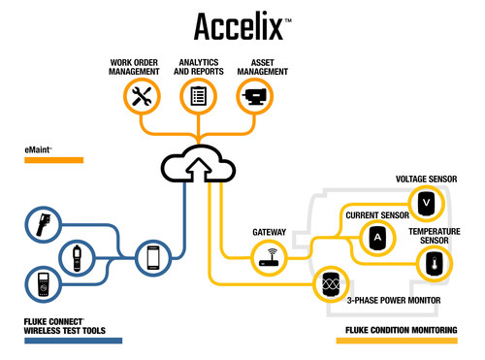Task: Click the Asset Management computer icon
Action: click(x=256, y=95)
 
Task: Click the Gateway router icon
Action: click(x=268, y=257)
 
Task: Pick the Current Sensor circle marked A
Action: click(x=377, y=237)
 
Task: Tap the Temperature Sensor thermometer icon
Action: click(x=434, y=262)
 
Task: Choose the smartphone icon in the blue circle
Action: click(x=153, y=257)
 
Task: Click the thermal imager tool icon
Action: click(x=41, y=225)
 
